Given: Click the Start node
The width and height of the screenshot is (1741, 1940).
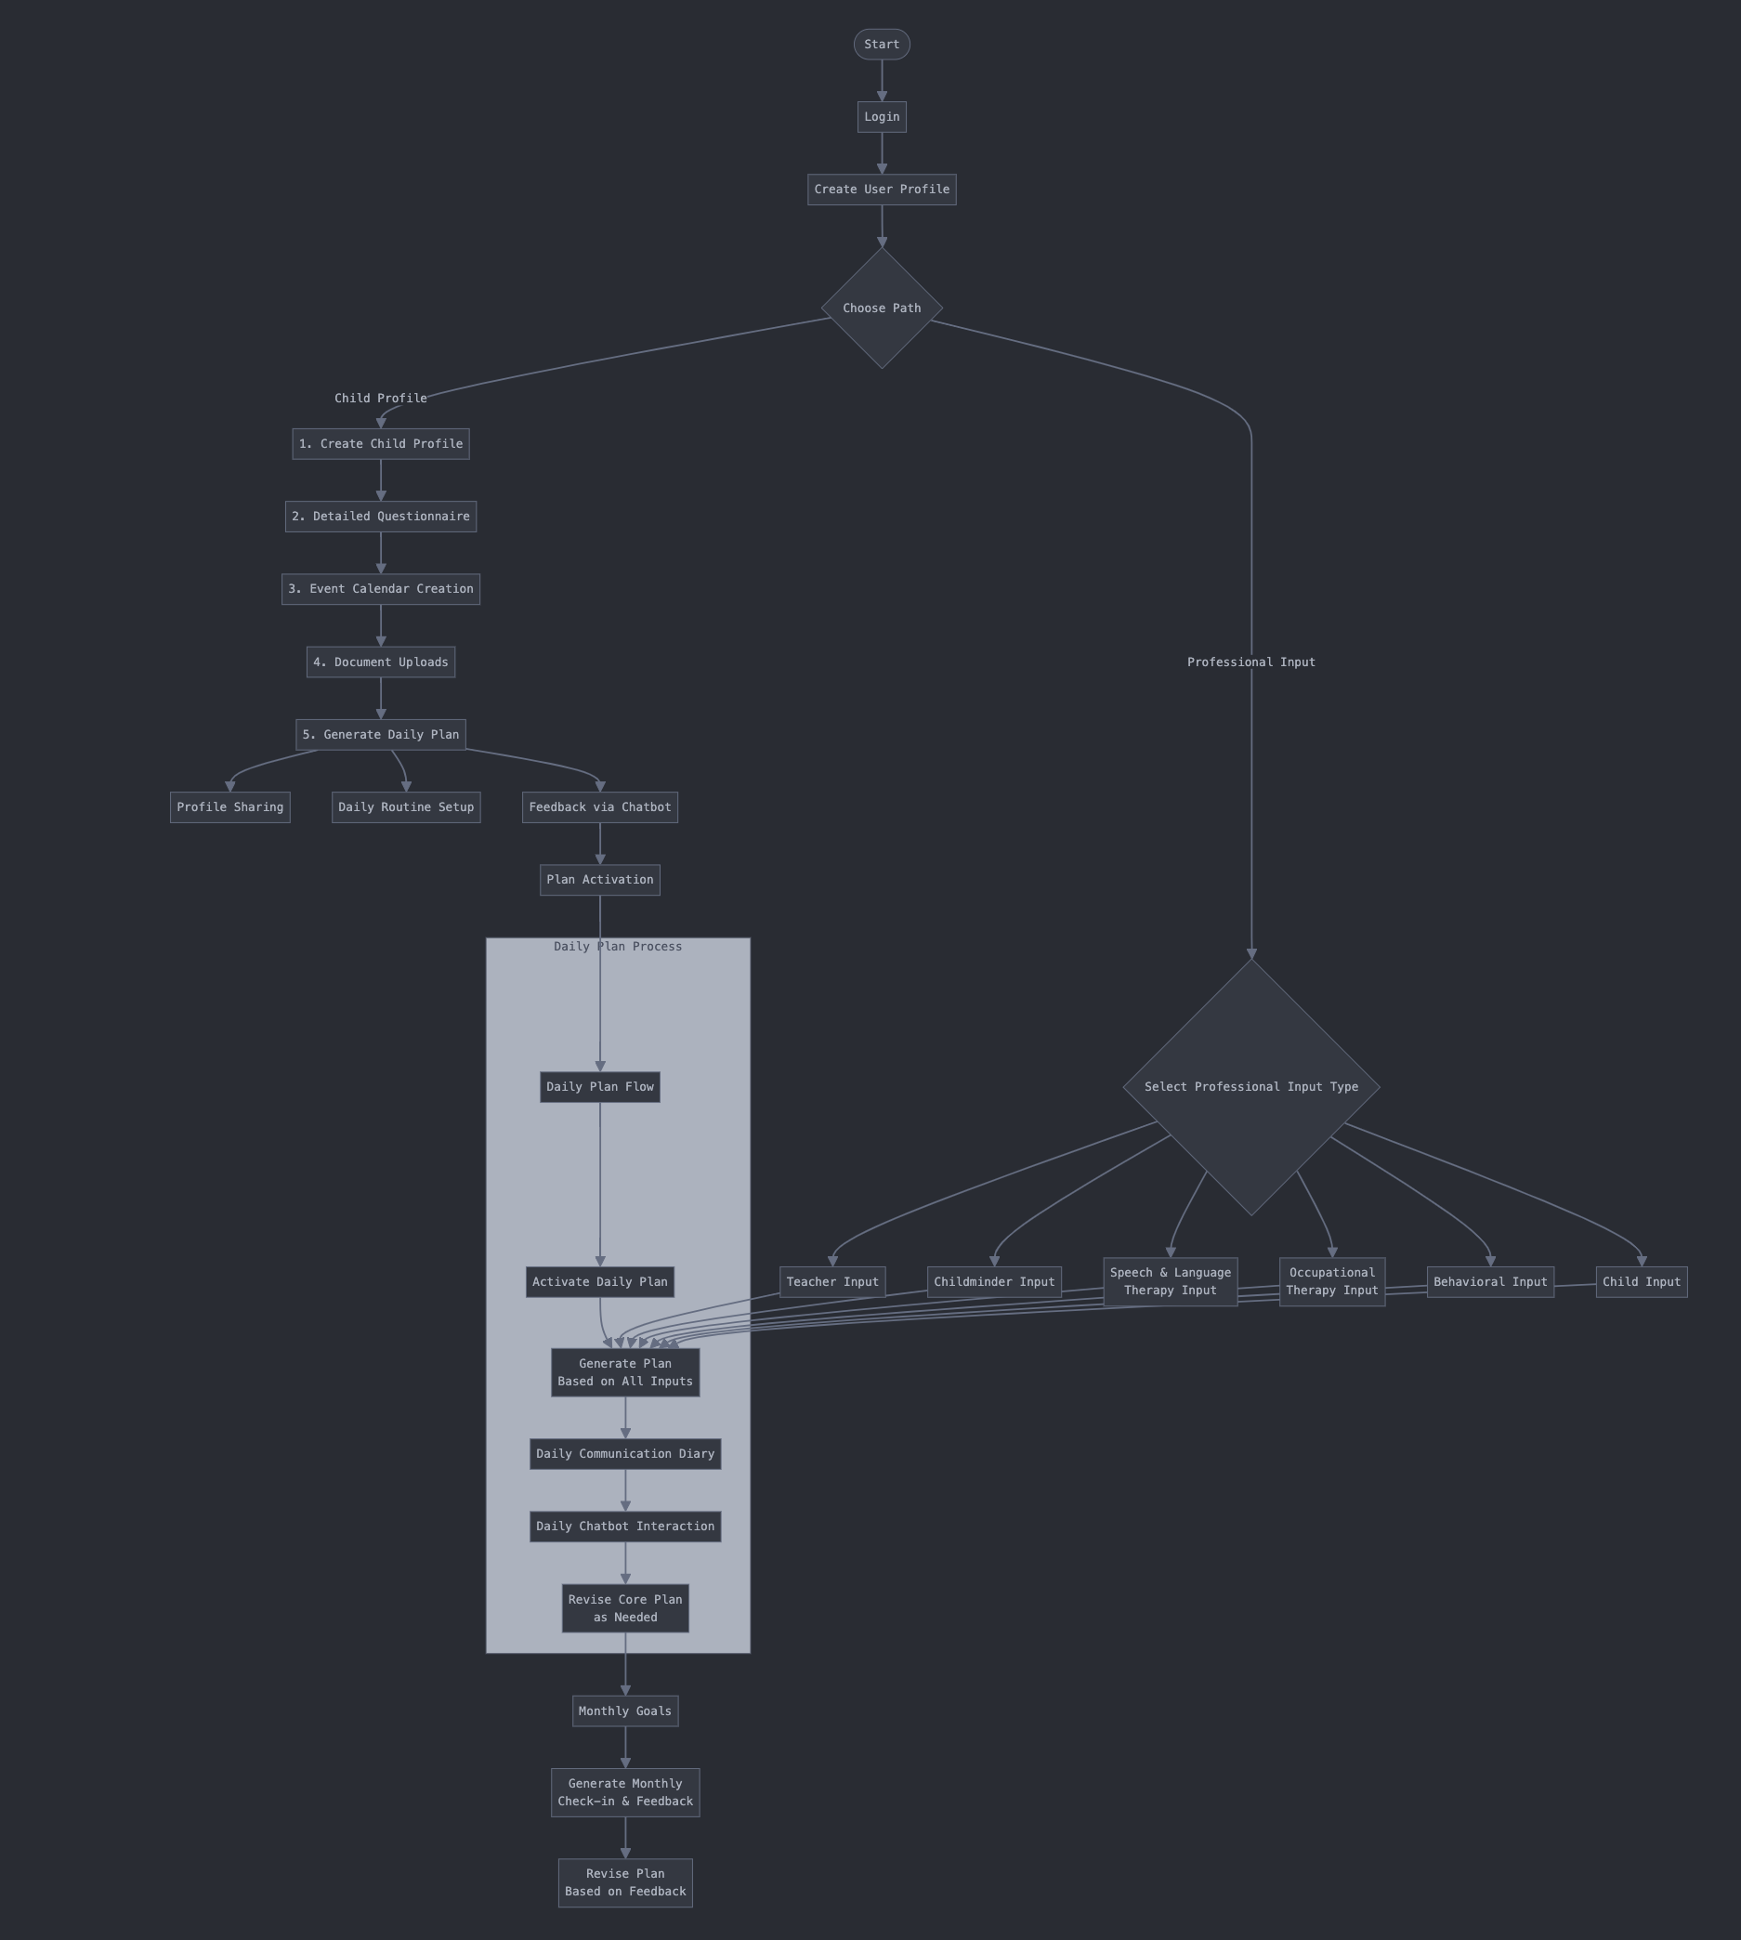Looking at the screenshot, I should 881,44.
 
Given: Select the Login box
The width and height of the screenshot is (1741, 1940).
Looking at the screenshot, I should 881,117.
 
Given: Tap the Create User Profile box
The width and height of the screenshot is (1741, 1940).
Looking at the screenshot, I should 881,190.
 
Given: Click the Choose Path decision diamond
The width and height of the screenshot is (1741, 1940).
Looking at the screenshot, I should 881,308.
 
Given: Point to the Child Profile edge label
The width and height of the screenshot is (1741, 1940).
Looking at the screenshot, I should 381,398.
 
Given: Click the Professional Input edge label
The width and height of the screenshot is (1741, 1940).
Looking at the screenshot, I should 1250,662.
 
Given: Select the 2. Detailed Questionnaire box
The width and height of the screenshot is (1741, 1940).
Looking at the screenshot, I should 381,517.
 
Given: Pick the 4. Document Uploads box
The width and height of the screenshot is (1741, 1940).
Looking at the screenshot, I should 381,662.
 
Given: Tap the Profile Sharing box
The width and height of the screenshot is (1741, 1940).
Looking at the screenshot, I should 229,807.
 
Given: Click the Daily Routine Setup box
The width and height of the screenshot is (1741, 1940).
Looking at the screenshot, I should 406,807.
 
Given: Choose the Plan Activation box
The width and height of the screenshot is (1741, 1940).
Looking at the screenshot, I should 600,880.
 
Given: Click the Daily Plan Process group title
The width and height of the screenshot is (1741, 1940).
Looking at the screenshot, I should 618,947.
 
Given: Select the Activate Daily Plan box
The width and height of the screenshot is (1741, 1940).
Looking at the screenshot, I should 600,1282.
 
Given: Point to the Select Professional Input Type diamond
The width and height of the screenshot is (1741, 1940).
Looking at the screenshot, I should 1250,1087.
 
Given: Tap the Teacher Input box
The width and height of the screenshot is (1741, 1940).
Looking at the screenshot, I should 832,1282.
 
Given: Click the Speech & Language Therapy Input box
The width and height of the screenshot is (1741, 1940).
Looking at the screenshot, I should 1170,1282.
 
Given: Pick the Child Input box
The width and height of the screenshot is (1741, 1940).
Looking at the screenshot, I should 1641,1282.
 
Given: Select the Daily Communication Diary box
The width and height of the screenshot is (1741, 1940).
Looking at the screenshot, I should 624,1454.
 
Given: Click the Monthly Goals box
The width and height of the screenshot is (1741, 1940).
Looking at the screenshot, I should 624,1711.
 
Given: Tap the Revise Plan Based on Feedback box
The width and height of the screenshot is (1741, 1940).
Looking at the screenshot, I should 624,1882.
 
